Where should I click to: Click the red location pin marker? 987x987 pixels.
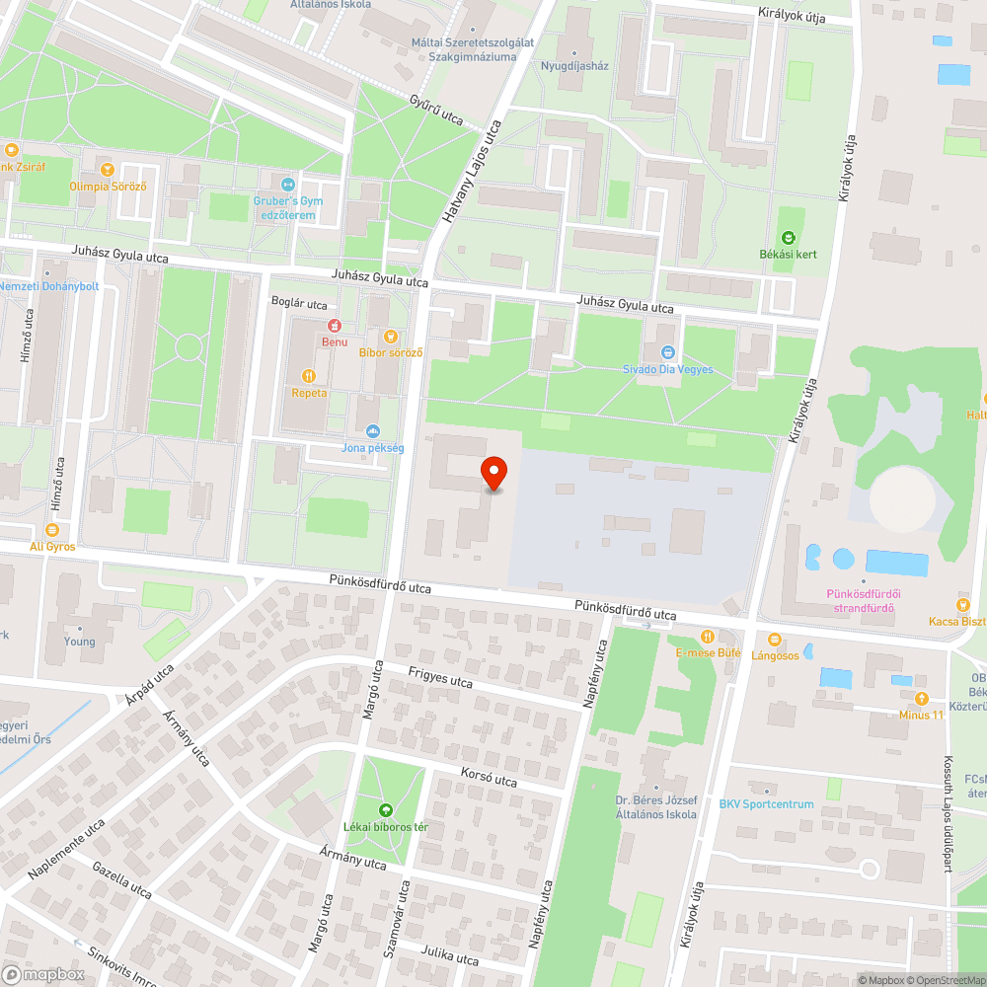click(x=493, y=473)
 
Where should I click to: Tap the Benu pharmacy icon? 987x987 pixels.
click(x=335, y=326)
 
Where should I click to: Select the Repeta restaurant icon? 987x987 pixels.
click(x=309, y=375)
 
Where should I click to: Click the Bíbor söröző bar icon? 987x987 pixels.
click(x=391, y=336)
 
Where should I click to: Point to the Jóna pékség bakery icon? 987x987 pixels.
click(x=373, y=430)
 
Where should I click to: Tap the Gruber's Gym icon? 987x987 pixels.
click(x=288, y=185)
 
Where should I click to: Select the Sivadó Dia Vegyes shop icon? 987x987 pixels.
click(x=668, y=352)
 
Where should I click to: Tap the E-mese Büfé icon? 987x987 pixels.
click(x=707, y=637)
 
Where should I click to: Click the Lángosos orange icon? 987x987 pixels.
click(x=774, y=640)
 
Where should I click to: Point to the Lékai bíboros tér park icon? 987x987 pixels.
click(x=386, y=809)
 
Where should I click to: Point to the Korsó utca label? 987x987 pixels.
click(x=489, y=778)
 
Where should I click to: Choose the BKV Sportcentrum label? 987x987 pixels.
click(x=767, y=803)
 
